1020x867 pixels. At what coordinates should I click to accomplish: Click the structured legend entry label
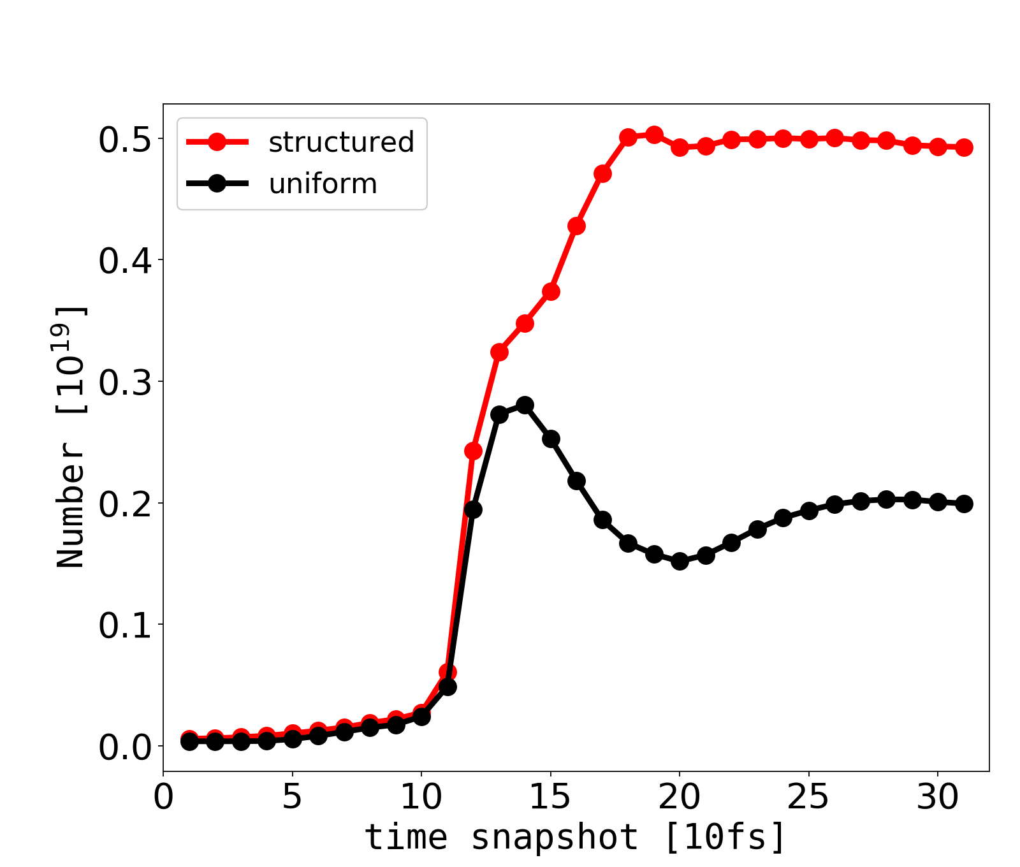click(x=341, y=142)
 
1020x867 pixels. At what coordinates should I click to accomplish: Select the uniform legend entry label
click(x=323, y=184)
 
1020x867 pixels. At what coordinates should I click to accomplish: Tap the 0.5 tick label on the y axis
click(x=125, y=140)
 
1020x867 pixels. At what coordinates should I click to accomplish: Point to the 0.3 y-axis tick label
click(x=125, y=383)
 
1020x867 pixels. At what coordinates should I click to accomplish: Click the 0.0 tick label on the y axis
click(x=125, y=747)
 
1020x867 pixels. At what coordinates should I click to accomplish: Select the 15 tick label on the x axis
click(x=550, y=798)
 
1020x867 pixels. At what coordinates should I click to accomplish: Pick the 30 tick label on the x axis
click(x=938, y=798)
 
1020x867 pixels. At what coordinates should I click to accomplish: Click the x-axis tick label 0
click(x=164, y=798)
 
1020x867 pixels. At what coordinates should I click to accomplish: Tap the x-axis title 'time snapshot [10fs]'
click(x=575, y=838)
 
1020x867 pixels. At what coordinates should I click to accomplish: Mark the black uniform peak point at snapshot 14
click(x=525, y=405)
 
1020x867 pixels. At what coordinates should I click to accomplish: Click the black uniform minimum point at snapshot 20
click(x=680, y=562)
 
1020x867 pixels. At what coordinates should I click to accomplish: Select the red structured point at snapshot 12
click(x=473, y=451)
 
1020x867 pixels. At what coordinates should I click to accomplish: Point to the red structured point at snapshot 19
click(x=654, y=135)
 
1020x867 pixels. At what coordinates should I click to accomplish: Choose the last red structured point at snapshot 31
click(x=964, y=147)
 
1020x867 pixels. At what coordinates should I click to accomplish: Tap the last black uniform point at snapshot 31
click(x=964, y=504)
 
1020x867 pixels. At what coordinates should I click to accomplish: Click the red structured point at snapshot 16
click(x=576, y=226)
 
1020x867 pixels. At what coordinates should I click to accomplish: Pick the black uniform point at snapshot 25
click(x=809, y=511)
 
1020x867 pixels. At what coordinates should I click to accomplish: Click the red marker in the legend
click(x=217, y=142)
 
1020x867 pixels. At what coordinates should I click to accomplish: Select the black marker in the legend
click(x=217, y=184)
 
